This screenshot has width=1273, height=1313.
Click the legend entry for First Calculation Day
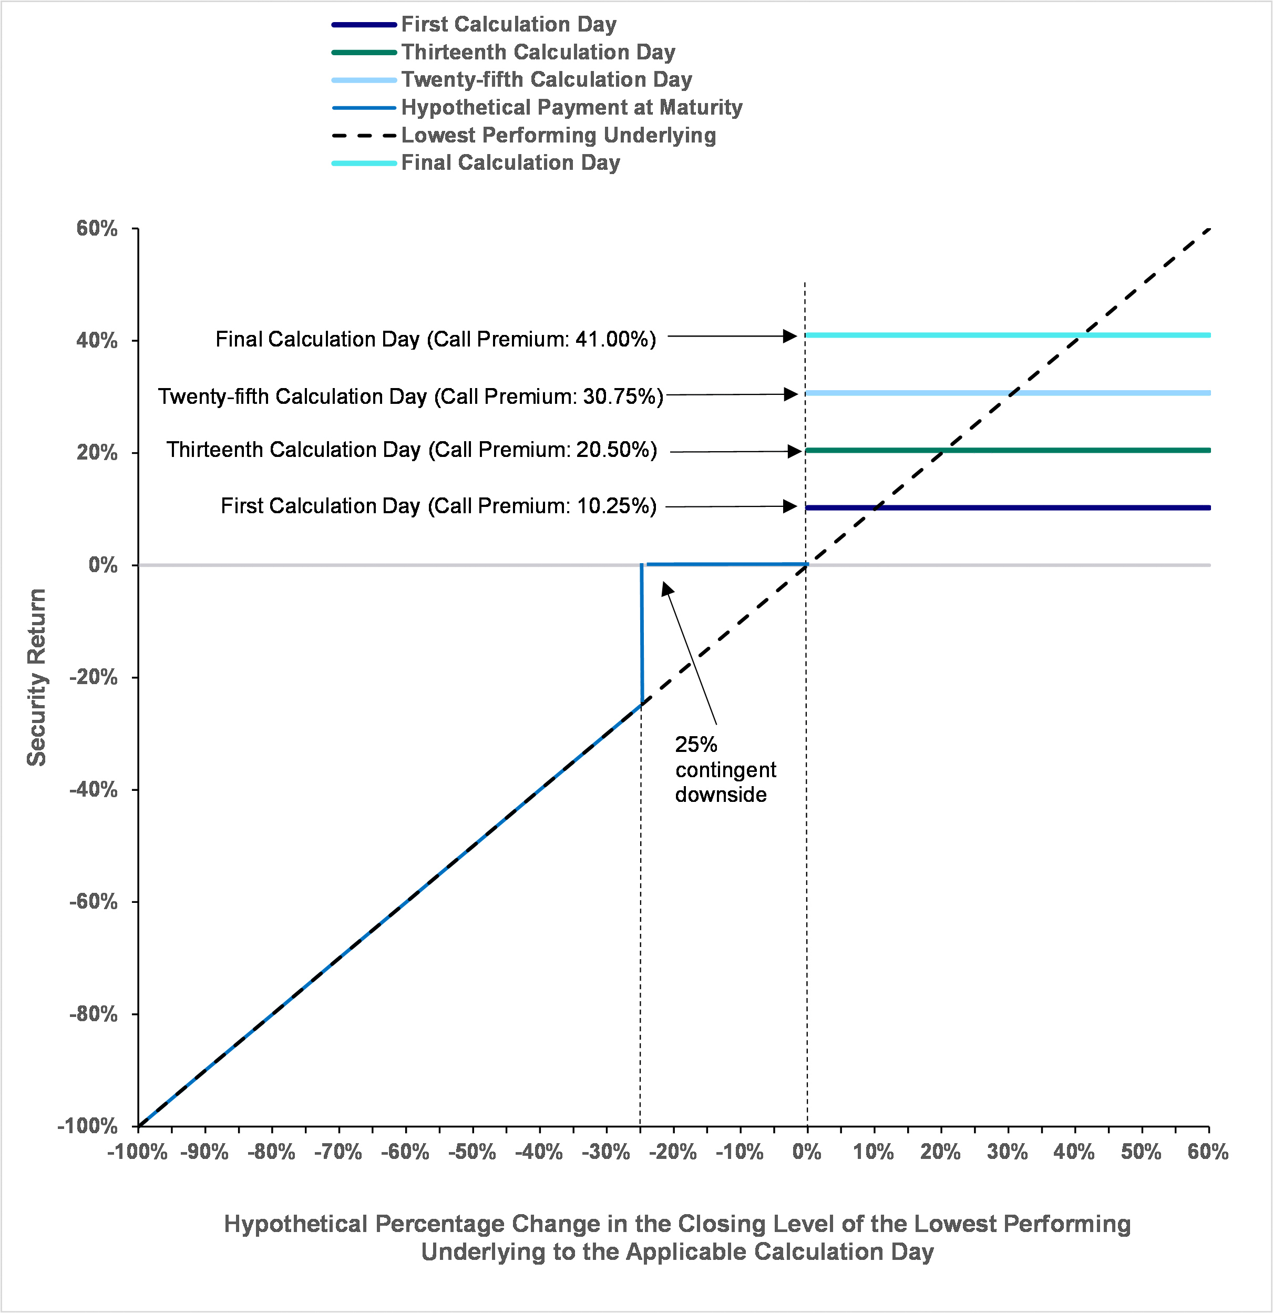474,25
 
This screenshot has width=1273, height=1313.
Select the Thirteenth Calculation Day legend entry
504,52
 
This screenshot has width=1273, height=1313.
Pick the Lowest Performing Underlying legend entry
523,135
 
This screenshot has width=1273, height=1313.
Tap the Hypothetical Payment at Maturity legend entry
537,107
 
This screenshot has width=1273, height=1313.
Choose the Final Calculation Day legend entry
476,163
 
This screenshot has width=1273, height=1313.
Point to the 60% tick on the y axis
135,228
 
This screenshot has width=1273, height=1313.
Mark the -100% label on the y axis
88,1125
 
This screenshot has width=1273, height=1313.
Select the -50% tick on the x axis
473,1129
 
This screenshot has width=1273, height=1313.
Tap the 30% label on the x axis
1007,1152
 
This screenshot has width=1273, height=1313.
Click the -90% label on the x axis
205,1152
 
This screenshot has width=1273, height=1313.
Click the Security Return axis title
36,677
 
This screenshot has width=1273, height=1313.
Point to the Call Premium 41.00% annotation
436,339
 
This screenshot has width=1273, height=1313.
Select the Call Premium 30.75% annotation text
410,396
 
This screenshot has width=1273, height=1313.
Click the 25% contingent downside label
725,769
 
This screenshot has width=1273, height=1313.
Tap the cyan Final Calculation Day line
1008,335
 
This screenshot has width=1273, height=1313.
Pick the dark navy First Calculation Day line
1008,508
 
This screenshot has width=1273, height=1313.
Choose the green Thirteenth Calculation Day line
1008,450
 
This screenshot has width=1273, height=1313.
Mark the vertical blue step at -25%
642,634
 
